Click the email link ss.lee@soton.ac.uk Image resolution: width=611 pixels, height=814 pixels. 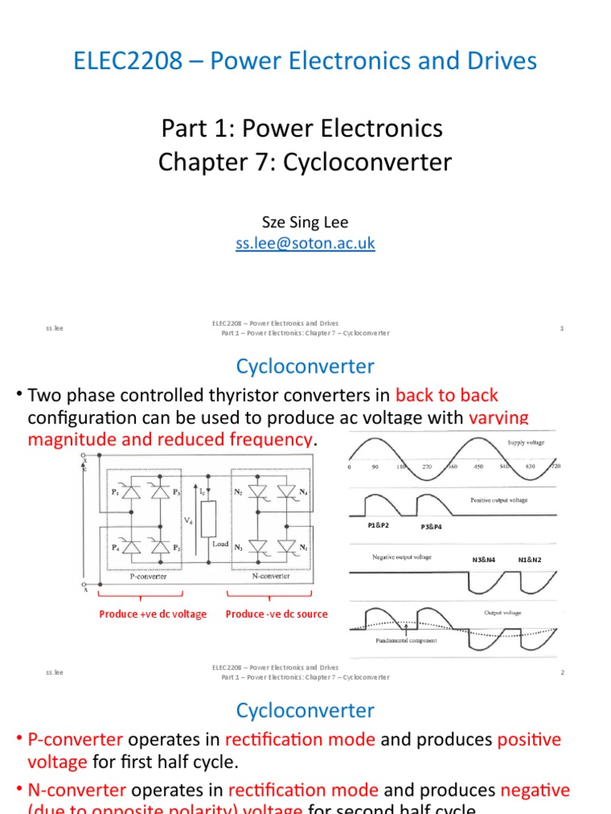pos(305,244)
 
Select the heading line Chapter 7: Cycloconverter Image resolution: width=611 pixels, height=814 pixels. pos(305,162)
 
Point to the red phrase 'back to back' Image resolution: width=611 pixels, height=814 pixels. pos(446,395)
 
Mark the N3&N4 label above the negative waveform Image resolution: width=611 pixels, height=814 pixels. pos(484,560)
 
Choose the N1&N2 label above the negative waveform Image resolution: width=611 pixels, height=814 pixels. pos(530,560)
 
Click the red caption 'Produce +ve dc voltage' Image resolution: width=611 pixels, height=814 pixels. pos(153,614)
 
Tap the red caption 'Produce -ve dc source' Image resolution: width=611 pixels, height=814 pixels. pos(276,614)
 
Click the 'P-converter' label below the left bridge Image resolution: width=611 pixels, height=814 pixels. pos(149,576)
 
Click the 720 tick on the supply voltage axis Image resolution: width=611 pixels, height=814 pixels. pos(555,467)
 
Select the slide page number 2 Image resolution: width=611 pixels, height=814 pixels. pos(562,673)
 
